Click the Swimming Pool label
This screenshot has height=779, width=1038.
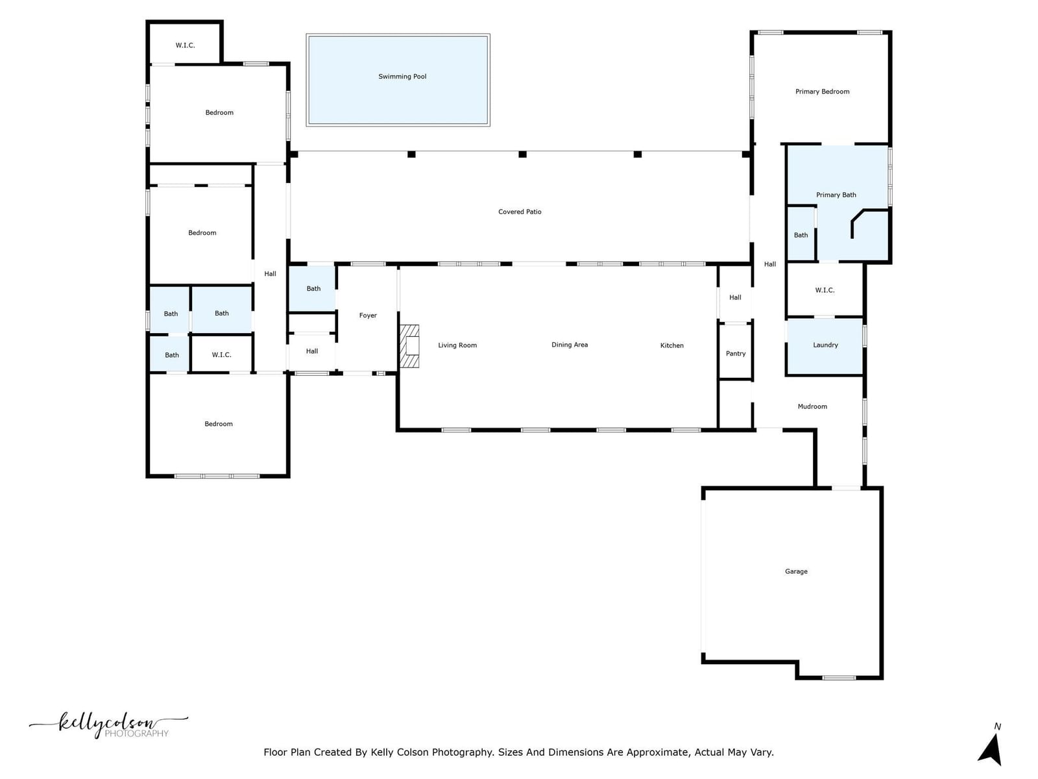402,77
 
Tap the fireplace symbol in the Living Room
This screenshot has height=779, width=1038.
409,346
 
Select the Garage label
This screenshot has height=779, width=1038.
796,571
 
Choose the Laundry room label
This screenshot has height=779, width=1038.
825,345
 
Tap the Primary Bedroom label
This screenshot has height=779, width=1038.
822,92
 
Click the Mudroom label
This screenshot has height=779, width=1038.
812,406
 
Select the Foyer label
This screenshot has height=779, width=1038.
367,315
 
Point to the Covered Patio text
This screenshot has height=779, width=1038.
519,212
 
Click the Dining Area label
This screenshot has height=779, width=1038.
570,345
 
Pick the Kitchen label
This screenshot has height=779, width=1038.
671,346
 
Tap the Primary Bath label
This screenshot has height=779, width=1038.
836,195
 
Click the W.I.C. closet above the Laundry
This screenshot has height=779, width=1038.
825,290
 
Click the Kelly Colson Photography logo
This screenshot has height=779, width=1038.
109,724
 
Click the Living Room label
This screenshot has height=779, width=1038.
457,345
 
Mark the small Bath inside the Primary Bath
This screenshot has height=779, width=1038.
801,234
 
